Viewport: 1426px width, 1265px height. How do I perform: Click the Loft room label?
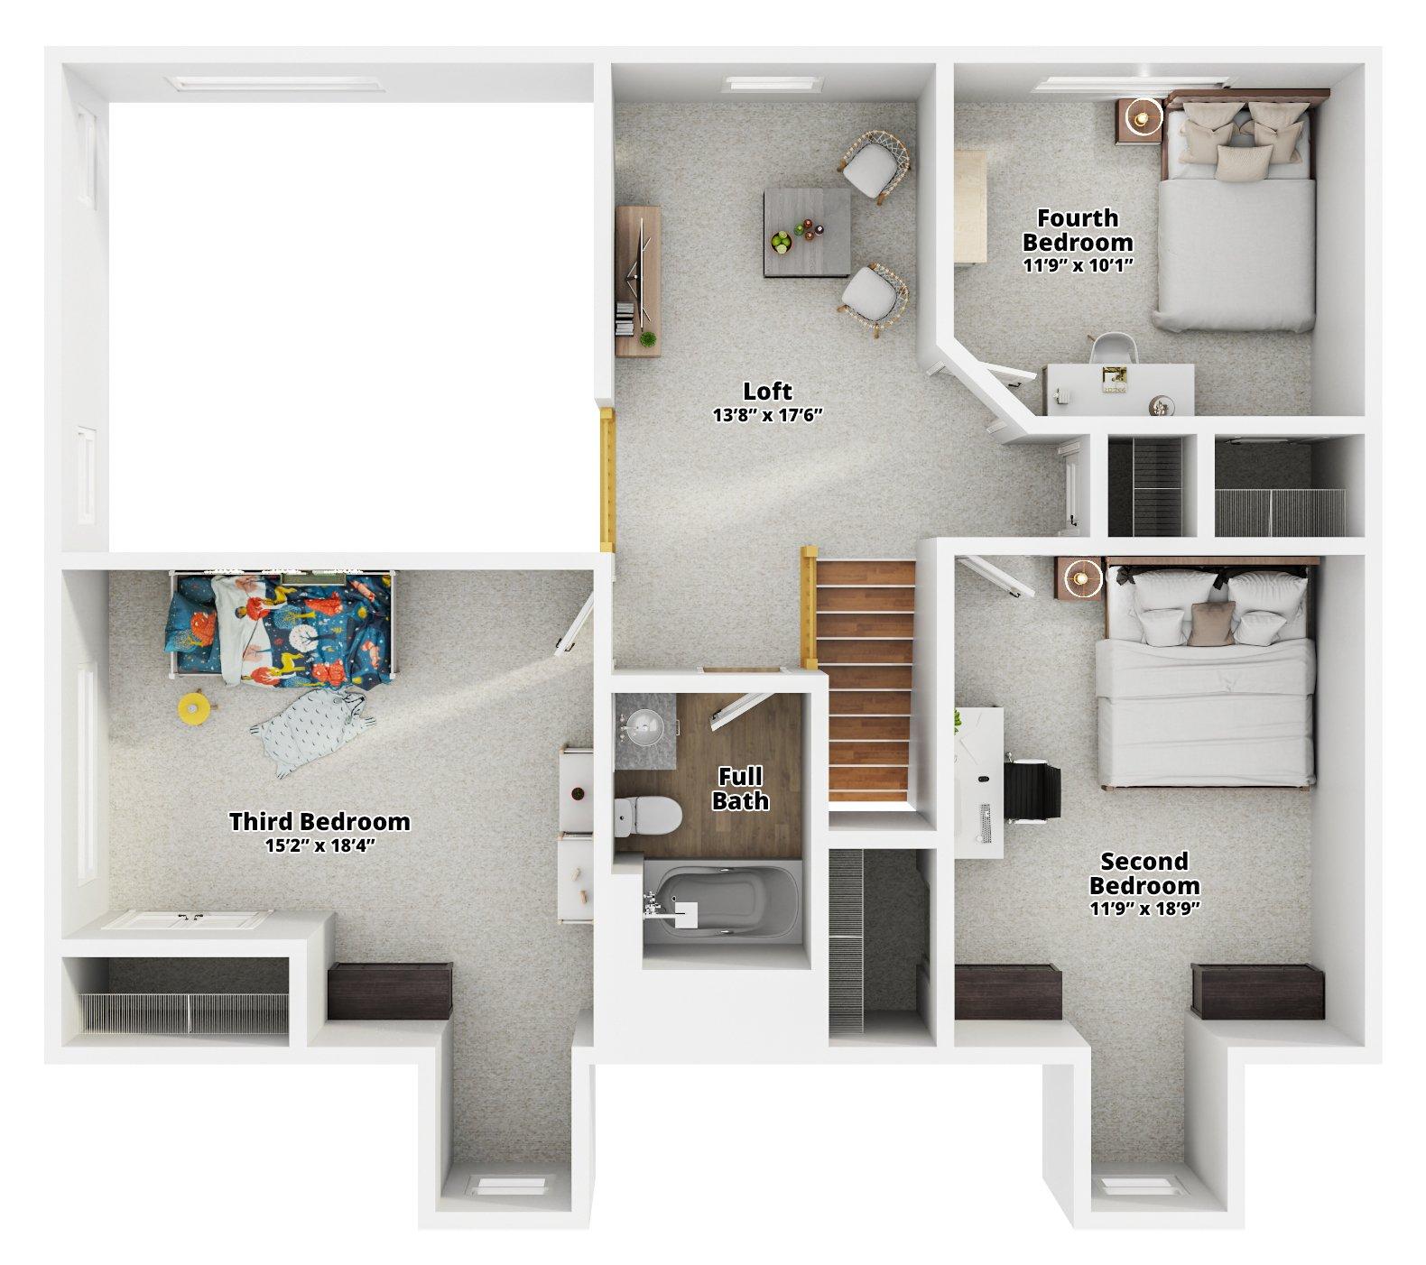click(x=767, y=391)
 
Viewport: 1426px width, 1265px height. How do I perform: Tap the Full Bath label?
click(x=740, y=788)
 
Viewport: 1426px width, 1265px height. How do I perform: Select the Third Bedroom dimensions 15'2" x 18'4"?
click(x=319, y=845)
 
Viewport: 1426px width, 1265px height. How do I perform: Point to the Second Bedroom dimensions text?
click(x=1144, y=909)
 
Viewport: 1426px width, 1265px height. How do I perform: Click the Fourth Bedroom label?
click(x=1077, y=230)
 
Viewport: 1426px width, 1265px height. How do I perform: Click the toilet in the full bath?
click(x=646, y=816)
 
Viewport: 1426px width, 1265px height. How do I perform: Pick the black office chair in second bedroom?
click(x=1032, y=790)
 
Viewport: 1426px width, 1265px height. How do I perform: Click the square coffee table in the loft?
click(x=806, y=231)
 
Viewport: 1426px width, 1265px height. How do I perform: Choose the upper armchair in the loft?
click(x=874, y=165)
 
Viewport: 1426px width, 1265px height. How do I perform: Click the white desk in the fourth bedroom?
click(x=1119, y=389)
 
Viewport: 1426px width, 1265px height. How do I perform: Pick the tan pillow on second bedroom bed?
click(x=1208, y=623)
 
